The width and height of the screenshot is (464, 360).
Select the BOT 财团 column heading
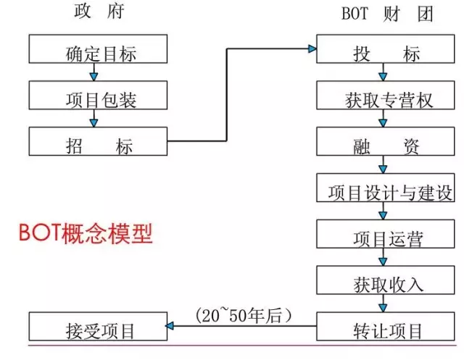[386, 13]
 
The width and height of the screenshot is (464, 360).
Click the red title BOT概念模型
[86, 235]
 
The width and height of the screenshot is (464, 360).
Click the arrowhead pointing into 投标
[312, 49]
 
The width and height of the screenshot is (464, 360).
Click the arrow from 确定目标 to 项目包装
[92, 72]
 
